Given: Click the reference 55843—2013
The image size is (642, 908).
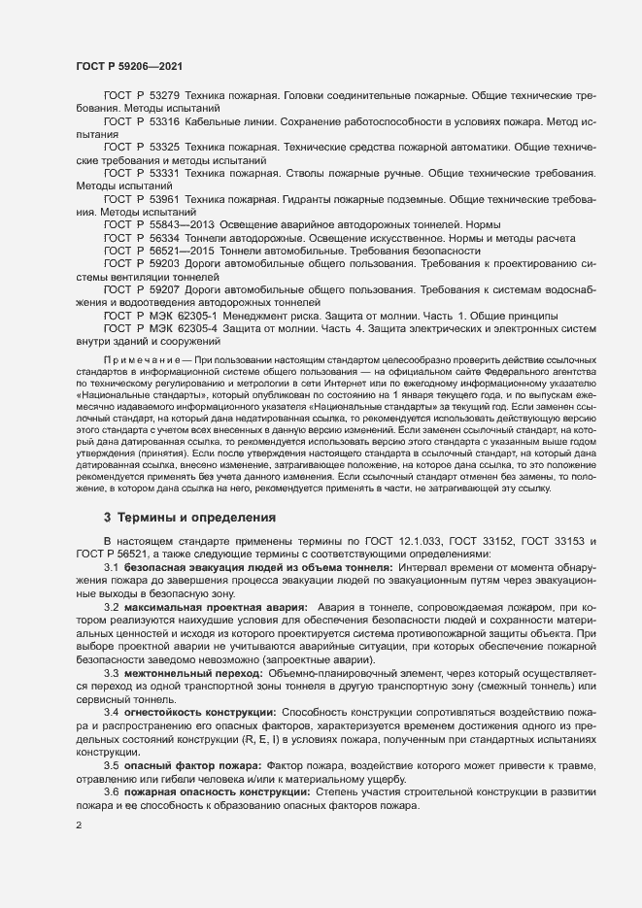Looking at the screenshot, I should pos(178,223).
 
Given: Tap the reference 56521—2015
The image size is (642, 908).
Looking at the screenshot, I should pos(178,250).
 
